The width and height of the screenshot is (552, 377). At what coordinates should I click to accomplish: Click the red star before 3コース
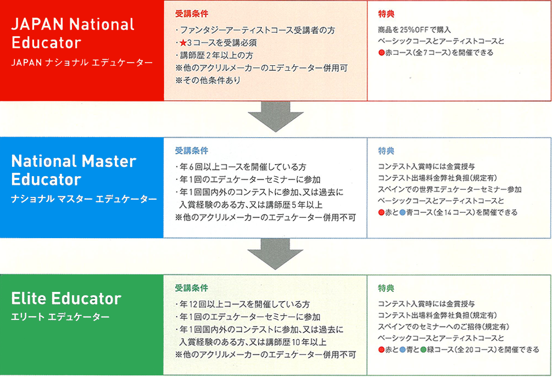pyautogui.click(x=183, y=43)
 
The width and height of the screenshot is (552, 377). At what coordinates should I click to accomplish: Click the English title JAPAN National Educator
pyautogui.click(x=73, y=33)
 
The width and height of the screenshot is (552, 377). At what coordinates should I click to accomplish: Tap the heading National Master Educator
pyautogui.click(x=74, y=170)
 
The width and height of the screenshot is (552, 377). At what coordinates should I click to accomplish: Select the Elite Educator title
pyautogui.click(x=66, y=299)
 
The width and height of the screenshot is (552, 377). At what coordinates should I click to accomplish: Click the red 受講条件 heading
pyautogui.click(x=192, y=14)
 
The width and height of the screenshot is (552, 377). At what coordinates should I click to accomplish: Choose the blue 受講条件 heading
pyautogui.click(x=192, y=151)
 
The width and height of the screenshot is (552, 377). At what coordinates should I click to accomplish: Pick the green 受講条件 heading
pyautogui.click(x=192, y=288)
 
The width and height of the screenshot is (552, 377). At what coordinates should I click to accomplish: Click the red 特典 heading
pyautogui.click(x=386, y=14)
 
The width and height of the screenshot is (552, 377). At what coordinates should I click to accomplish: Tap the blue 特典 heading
pyautogui.click(x=386, y=151)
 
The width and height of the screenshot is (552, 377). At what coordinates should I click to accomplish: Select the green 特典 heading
pyautogui.click(x=386, y=288)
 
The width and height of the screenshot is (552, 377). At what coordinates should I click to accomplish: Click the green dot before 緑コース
pyautogui.click(x=423, y=350)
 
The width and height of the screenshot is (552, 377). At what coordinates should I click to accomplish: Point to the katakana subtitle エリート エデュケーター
pyautogui.click(x=60, y=317)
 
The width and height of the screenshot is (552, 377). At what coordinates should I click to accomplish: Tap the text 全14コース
pyautogui.click(x=454, y=212)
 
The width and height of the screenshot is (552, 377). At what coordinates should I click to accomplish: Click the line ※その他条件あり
pyautogui.click(x=208, y=80)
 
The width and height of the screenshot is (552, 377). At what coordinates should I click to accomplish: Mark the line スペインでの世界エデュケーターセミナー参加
pyautogui.click(x=449, y=189)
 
